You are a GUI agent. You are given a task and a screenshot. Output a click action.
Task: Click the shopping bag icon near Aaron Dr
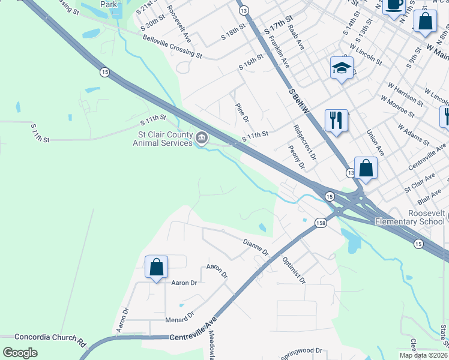(x=156, y=267)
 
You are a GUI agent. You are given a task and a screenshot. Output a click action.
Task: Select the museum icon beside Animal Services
(x=202, y=139)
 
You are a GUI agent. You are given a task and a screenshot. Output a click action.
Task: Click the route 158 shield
(x=321, y=222)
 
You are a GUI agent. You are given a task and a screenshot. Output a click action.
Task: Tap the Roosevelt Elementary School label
(x=409, y=217)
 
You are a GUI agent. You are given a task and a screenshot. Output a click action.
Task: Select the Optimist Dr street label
(x=294, y=271)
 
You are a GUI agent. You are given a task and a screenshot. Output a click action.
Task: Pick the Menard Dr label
(x=180, y=317)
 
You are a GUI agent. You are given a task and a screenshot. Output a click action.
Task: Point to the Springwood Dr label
(x=302, y=352)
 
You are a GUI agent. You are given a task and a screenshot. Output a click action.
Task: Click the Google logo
(x=20, y=352)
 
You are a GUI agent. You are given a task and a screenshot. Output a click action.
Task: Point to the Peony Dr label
(x=297, y=156)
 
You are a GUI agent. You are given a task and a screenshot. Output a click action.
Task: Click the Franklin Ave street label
(x=280, y=52)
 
